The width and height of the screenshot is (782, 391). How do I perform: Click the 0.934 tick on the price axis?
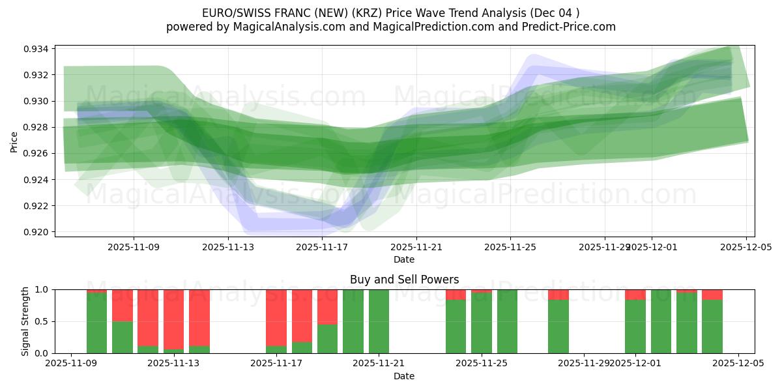click(36, 49)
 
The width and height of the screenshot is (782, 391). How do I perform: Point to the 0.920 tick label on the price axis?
click(36, 232)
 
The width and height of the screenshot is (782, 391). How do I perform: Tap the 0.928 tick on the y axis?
click(36, 127)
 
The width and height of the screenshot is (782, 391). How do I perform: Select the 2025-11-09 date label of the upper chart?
click(134, 247)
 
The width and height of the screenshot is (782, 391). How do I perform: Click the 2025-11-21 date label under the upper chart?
click(416, 247)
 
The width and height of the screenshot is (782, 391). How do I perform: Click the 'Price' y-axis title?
click(14, 141)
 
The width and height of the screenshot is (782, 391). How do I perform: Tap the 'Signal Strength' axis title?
click(25, 321)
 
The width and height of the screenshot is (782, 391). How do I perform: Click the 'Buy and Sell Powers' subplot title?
click(404, 280)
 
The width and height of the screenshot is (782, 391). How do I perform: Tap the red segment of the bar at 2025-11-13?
click(173, 318)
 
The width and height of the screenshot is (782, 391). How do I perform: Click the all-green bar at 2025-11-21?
click(379, 321)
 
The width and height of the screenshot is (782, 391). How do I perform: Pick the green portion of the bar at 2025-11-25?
click(482, 324)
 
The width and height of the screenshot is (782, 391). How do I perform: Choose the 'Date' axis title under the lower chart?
click(404, 376)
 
